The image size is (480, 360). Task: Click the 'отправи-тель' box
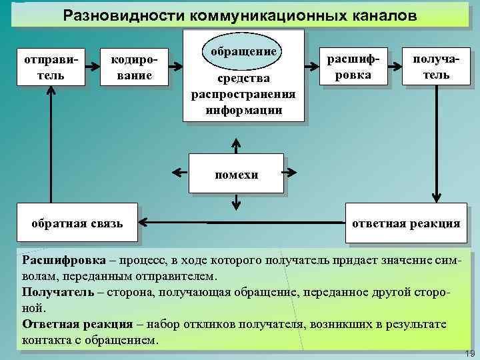[x=50, y=67]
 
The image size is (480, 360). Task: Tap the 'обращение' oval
[x=243, y=51]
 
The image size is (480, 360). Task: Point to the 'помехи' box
[x=236, y=175]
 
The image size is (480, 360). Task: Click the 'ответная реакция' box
[x=406, y=223]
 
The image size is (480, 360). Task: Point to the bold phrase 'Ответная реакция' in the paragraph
[x=77, y=324]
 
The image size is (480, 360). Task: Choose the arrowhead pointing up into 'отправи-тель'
[x=50, y=93]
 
